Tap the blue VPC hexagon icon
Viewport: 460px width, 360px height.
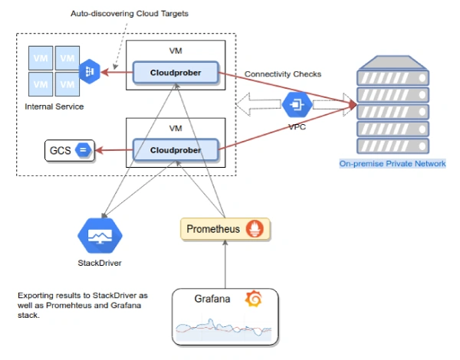[x=296, y=105]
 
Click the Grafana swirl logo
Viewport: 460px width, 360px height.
[x=254, y=299]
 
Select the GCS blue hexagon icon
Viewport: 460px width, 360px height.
[x=84, y=151]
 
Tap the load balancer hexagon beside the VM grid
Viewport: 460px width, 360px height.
[x=88, y=72]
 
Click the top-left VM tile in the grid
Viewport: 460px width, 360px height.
[x=39, y=58]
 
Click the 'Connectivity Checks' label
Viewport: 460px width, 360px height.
[x=282, y=74]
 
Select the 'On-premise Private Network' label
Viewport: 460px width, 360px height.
[x=392, y=164]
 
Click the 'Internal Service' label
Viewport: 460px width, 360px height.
[x=54, y=106]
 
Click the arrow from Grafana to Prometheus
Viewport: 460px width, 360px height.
[x=223, y=264]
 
